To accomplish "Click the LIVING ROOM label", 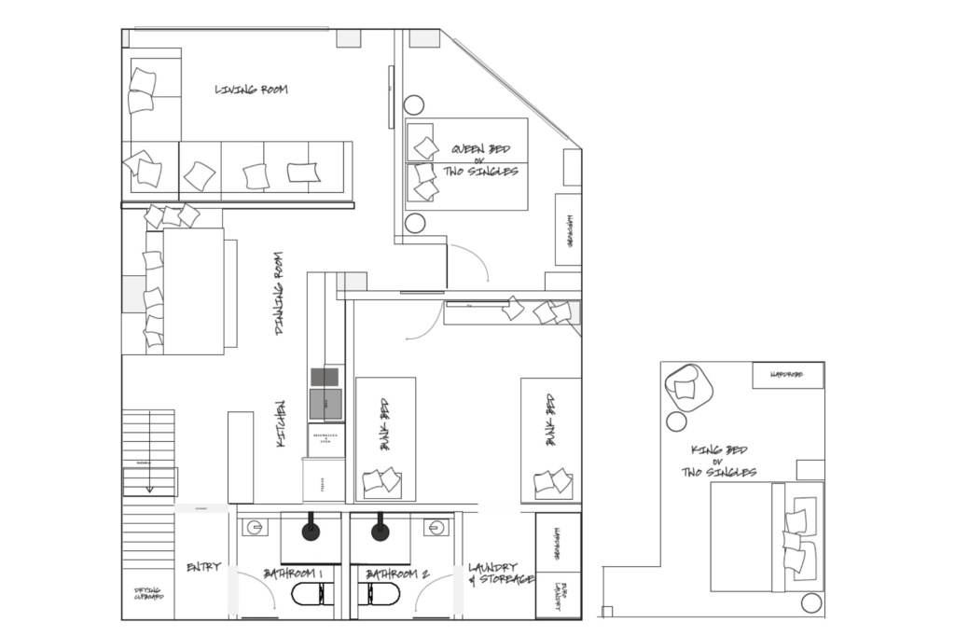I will [251, 90].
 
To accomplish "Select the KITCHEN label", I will [281, 423].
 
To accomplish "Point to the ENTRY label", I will [203, 567].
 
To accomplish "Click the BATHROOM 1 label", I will [293, 574].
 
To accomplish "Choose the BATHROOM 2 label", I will [396, 574].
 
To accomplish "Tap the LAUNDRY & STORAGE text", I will [500, 574].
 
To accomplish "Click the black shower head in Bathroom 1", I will [311, 532].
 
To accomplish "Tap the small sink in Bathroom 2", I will [434, 528].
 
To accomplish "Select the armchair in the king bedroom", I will [687, 386].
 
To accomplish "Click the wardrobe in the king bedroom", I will [788, 375].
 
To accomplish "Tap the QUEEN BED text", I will [480, 149].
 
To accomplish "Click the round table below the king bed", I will [811, 603].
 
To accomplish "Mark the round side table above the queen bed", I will [414, 104].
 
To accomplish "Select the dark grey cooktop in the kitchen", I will [325, 376].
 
